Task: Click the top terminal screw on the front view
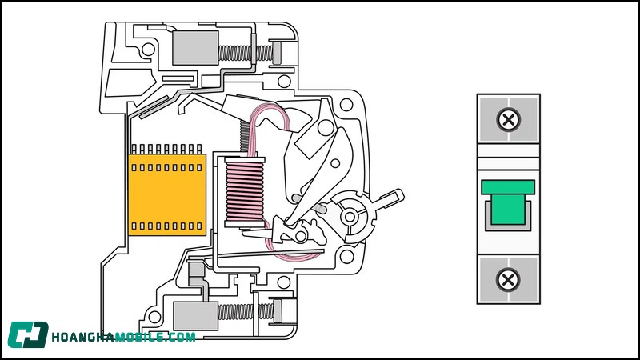point(508,121)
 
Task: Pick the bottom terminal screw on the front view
point(508,279)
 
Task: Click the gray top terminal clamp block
point(194,49)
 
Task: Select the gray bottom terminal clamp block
point(194,314)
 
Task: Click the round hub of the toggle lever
point(350,215)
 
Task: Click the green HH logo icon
point(28,335)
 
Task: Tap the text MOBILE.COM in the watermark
point(155,337)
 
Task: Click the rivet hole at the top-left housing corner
point(146,49)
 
